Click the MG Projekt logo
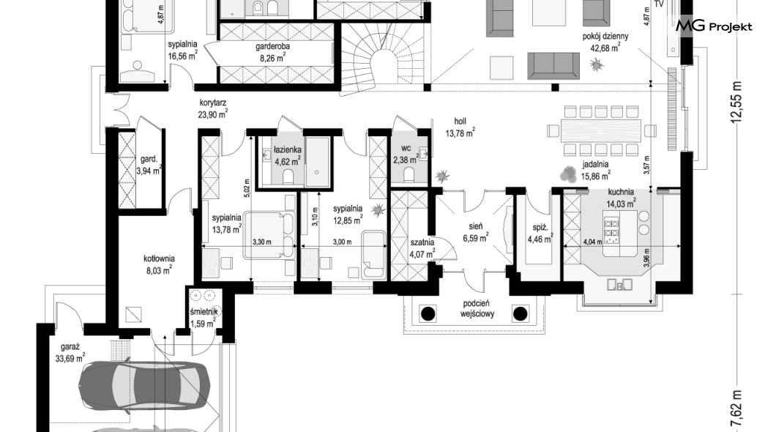[x=714, y=26]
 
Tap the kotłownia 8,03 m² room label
[x=158, y=264]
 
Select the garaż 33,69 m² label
[x=70, y=354]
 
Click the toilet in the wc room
[x=408, y=174]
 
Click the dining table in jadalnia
[x=601, y=130]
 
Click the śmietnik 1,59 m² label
[x=204, y=317]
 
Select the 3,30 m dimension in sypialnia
[x=262, y=242]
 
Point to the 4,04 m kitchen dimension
[x=592, y=242]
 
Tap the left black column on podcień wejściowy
[x=428, y=313]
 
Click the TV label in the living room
[x=659, y=4]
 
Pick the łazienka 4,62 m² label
[x=288, y=155]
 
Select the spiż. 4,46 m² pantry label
[x=540, y=234]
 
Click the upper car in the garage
[x=143, y=382]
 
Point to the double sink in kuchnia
[x=620, y=284]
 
